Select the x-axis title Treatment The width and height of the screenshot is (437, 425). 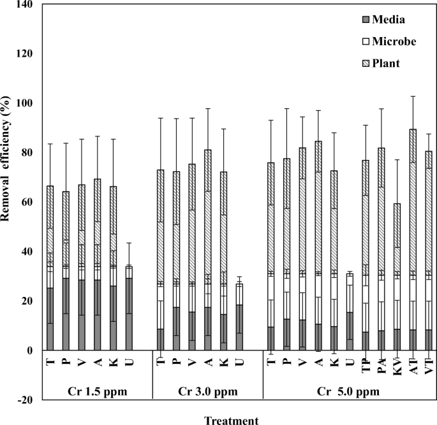232,420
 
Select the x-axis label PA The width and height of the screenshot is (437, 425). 382,361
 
